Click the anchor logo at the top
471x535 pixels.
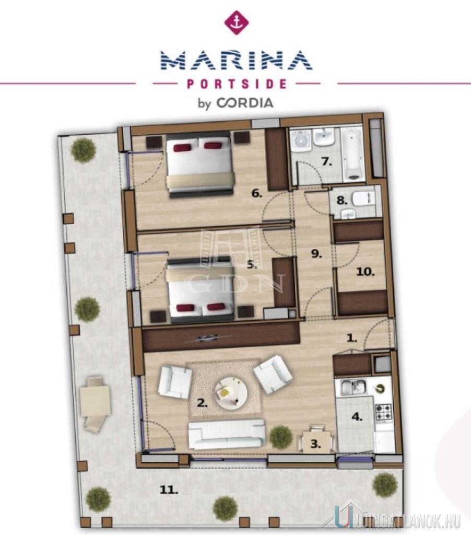coord(236,22)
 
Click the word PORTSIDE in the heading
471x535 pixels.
coord(237,84)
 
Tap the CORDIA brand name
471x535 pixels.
coord(245,103)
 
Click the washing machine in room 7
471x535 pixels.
coord(302,140)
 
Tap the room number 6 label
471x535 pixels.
coord(257,194)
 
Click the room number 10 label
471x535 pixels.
coord(366,272)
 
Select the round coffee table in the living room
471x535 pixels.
coord(231,393)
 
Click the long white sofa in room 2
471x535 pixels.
coord(227,434)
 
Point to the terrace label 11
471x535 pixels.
coord(169,490)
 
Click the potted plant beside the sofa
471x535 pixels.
coord(281,436)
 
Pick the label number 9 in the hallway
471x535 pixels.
coord(316,254)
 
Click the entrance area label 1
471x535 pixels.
coord(351,338)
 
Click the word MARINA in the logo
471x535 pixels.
coord(237,61)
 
